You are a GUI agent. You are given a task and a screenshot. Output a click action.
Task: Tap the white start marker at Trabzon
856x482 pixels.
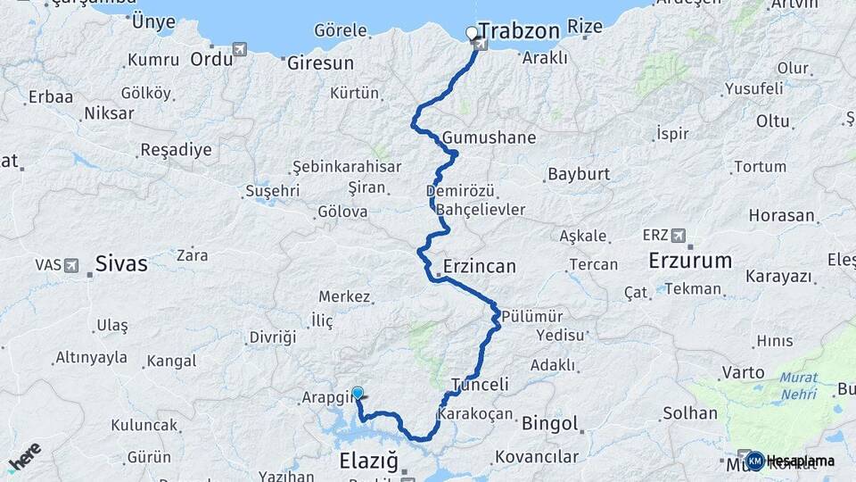pos(472,33)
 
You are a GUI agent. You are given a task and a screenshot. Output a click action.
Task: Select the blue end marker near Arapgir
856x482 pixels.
pos(358,392)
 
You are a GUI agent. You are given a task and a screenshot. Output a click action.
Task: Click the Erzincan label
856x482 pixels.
pos(479,267)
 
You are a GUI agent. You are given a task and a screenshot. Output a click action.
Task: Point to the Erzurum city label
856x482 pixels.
pos(690,261)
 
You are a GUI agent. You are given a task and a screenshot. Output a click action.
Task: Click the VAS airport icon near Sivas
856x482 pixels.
pos(72,265)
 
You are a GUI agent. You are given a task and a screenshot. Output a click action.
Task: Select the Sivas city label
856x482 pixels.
pos(121,263)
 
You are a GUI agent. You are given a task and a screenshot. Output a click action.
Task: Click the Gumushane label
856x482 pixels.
pos(490,138)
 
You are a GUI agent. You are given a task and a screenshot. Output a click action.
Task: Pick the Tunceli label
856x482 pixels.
pos(480,385)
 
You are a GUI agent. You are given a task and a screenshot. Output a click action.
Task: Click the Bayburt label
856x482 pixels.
pos(579,174)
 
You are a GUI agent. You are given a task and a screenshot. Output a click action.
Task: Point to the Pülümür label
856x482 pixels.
pos(531,316)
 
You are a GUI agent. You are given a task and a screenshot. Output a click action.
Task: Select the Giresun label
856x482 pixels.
pos(320,63)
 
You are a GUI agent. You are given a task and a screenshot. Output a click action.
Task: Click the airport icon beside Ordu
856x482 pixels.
pos(239,49)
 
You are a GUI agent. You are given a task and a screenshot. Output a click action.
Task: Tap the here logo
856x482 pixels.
pos(24,456)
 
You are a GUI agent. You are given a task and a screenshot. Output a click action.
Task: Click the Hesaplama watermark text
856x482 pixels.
pos(802,461)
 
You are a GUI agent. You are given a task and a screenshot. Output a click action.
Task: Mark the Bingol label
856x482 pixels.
pos(549,423)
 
